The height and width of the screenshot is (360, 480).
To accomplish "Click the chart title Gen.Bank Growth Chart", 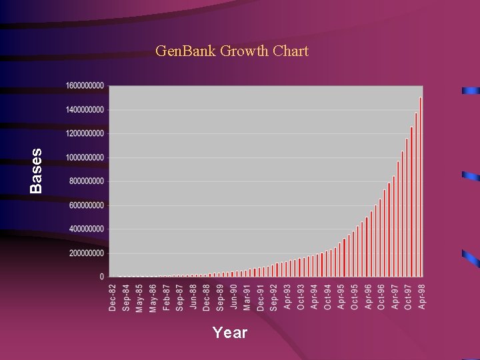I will [231, 51].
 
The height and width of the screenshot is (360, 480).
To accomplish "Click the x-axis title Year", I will [230, 332].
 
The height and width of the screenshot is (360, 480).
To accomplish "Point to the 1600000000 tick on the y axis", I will [85, 85].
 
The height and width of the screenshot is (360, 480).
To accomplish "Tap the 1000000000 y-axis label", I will [85, 157].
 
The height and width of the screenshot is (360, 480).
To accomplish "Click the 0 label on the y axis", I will [102, 276].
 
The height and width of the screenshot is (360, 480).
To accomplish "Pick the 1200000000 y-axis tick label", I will [85, 133].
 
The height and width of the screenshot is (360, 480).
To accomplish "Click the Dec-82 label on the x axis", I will [112, 297].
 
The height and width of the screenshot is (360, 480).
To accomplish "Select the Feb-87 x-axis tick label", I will [166, 297].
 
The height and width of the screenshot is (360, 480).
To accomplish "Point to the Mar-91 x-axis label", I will [247, 297].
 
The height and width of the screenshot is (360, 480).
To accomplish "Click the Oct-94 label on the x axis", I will [327, 297].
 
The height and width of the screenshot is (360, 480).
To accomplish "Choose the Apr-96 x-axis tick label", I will [367, 297].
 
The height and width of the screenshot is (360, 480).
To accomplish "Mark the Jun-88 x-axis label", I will [193, 297].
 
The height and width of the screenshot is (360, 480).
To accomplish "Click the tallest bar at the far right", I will [421, 187].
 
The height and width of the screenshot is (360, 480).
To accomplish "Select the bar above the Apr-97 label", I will [393, 227].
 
